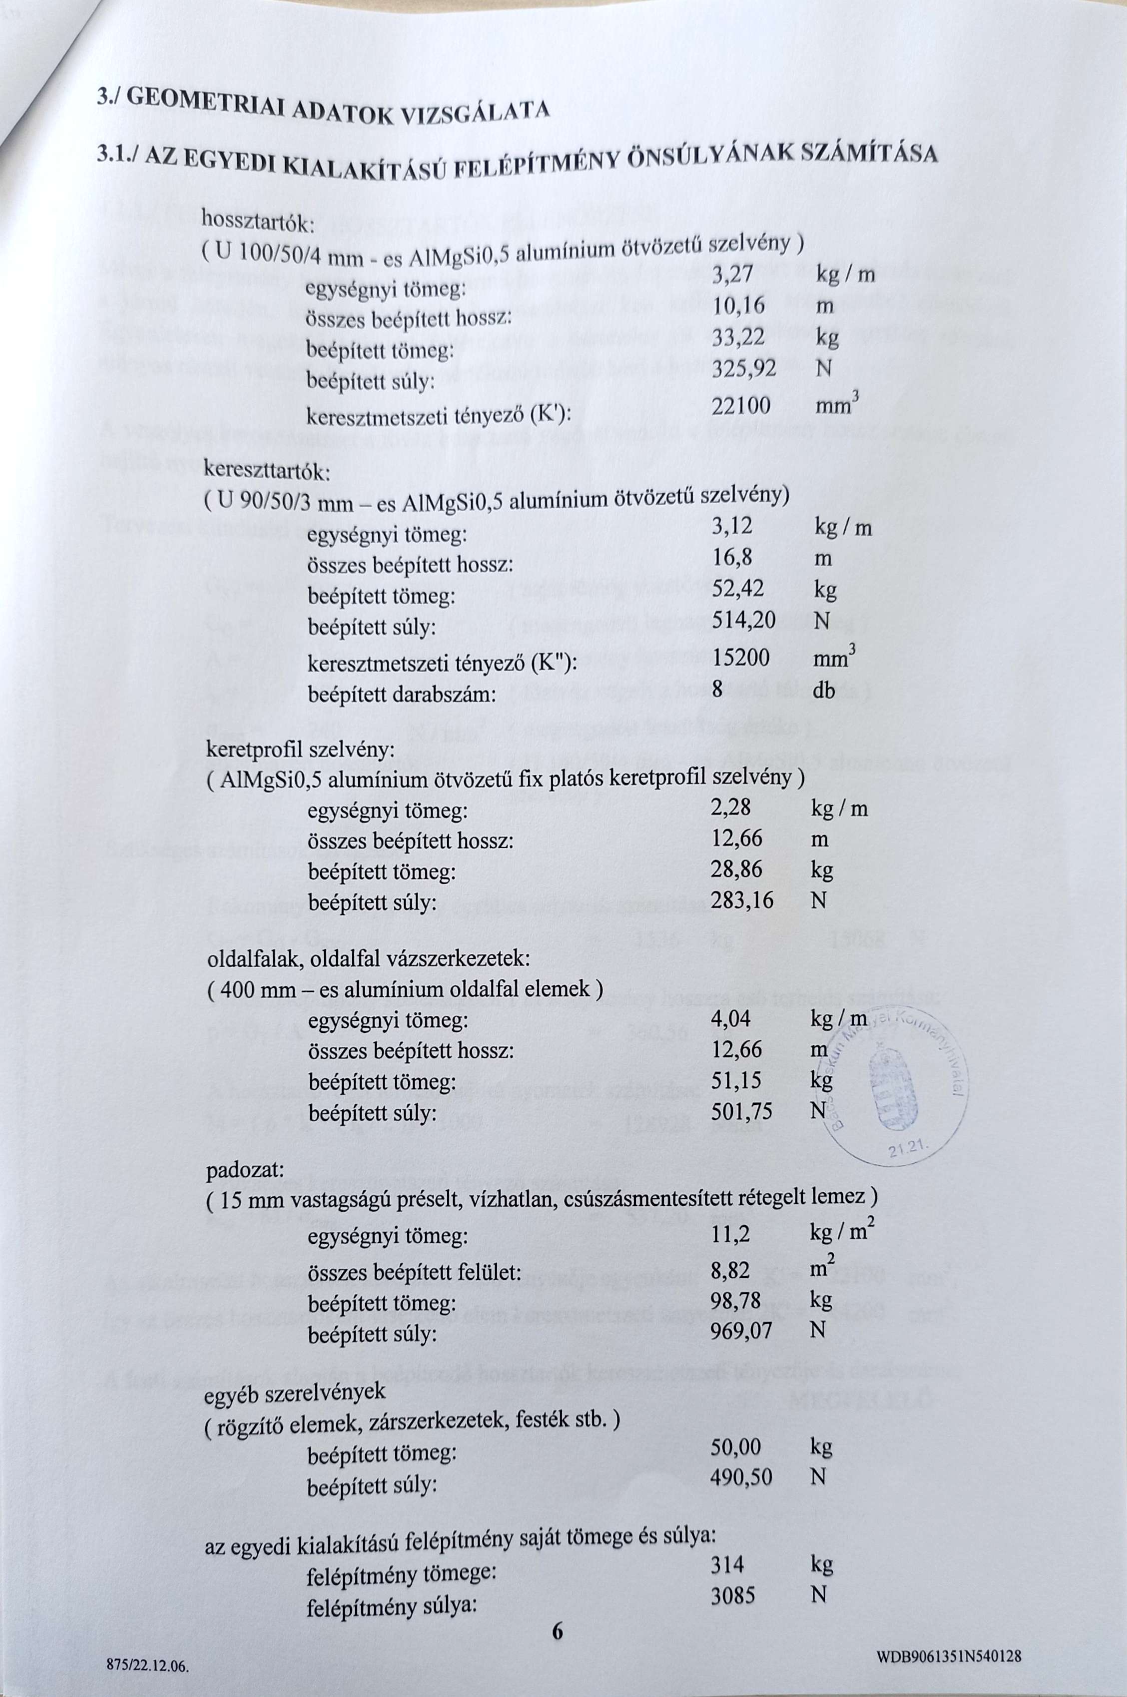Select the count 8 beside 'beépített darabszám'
tap(716, 689)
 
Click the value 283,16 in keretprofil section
tap(742, 900)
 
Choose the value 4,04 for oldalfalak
tap(730, 1018)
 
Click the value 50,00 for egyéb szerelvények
tap(735, 1446)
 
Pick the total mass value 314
tap(727, 1564)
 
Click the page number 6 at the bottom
tap(558, 1630)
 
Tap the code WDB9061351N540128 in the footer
tap(949, 1656)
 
